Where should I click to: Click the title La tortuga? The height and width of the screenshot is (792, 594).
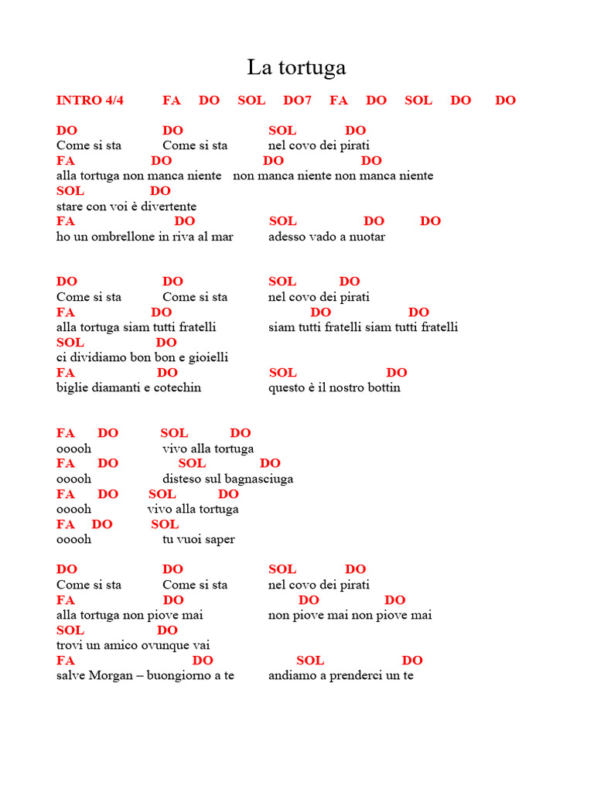pos(296,68)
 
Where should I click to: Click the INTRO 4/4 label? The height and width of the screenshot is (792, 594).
pos(90,101)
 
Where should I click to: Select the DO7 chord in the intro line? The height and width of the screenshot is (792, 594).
pos(297,101)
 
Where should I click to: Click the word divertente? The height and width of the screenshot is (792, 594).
pos(167,207)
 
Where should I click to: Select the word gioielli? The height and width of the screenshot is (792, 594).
pos(204,357)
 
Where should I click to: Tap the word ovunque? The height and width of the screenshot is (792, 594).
pos(163,645)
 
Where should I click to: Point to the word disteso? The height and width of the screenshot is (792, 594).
pos(182,479)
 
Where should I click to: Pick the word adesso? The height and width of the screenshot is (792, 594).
pos(288,237)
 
